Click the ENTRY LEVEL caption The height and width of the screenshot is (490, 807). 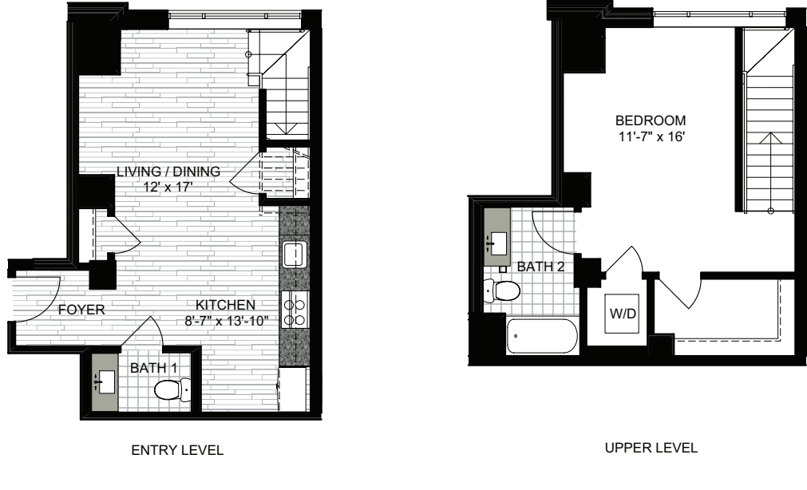coord(177,450)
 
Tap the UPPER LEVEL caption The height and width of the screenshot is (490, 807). coord(651,448)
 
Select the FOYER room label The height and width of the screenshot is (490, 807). coord(81,310)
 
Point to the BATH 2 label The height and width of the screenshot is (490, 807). coord(541,267)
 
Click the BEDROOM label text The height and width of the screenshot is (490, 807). coord(651,121)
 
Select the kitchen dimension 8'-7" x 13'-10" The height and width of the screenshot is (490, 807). coord(227,321)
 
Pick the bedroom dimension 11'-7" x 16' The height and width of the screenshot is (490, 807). coord(651,137)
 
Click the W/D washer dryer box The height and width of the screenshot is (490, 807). coord(622,314)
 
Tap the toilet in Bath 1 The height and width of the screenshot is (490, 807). coord(172,389)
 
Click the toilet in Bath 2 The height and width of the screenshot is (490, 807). coord(501,290)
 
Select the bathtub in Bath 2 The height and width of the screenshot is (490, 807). coord(541,336)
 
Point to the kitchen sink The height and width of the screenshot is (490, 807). coord(295,255)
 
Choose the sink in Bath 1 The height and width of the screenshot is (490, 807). coord(106,382)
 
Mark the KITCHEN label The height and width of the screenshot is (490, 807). coord(225,305)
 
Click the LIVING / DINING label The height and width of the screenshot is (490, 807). coord(168,172)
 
